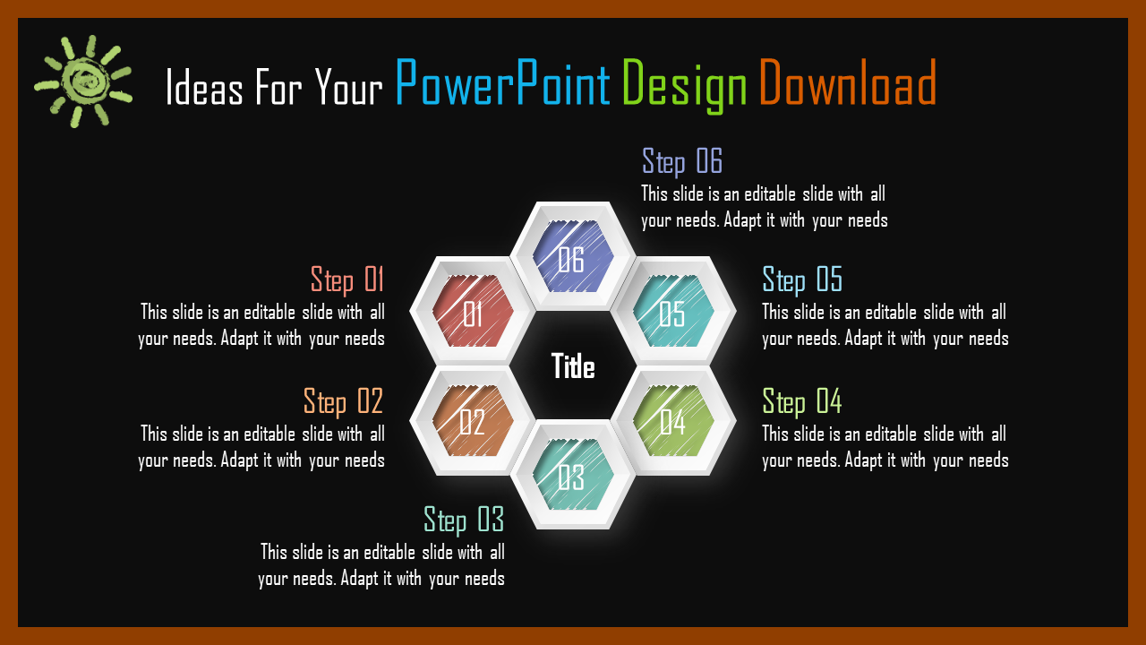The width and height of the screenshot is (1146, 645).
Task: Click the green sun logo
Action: [83, 82]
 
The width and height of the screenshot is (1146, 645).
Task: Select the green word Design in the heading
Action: [685, 85]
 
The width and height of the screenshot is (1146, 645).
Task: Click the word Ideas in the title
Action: [204, 87]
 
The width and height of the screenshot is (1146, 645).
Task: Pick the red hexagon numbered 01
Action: [473, 311]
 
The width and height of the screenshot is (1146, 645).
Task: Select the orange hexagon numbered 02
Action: [473, 421]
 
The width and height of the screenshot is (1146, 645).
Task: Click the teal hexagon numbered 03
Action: [573, 475]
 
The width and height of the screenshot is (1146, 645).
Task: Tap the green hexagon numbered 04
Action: [673, 421]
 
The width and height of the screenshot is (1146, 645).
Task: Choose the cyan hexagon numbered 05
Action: [673, 311]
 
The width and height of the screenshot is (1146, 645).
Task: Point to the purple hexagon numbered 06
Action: [573, 256]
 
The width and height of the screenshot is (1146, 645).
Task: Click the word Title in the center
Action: [573, 366]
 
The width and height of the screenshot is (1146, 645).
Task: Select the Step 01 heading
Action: [347, 280]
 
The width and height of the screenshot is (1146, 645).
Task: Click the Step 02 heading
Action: [343, 402]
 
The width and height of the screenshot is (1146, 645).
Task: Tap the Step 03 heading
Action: [464, 520]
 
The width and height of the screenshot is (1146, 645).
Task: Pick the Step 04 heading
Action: [802, 402]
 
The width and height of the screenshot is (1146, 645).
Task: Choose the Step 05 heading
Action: [802, 280]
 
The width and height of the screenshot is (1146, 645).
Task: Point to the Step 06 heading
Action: [682, 162]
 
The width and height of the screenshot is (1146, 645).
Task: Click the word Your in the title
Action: [349, 87]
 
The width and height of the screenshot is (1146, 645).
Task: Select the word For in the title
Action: [278, 87]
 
